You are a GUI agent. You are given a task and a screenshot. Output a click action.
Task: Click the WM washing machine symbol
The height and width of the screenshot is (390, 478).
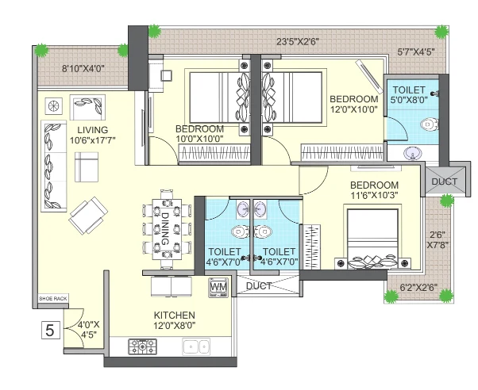(218, 288)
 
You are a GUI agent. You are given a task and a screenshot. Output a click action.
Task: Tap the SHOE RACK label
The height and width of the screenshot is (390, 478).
(53, 299)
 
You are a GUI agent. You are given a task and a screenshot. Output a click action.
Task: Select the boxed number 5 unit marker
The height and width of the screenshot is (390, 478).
(50, 330)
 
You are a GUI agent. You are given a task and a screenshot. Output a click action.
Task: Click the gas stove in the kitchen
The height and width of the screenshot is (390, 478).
(142, 346)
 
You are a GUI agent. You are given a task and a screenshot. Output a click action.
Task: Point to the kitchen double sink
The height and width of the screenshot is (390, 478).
(196, 346)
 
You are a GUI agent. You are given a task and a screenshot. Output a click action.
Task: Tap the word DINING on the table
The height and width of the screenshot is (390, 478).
(165, 228)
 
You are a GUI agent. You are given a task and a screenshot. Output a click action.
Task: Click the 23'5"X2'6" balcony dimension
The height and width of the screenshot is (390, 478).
(298, 41)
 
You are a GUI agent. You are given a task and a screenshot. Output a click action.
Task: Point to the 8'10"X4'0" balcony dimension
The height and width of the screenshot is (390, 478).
(83, 69)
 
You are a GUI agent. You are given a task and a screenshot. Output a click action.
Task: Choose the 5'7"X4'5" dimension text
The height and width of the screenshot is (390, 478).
(416, 52)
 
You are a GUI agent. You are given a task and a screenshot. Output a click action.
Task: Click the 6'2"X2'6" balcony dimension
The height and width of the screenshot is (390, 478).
(419, 287)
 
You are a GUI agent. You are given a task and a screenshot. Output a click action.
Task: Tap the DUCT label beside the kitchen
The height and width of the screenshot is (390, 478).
(259, 286)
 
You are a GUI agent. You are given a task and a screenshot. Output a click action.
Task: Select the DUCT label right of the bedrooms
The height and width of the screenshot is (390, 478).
(445, 182)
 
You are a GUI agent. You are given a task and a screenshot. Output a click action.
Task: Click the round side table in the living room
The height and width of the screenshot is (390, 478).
(54, 106)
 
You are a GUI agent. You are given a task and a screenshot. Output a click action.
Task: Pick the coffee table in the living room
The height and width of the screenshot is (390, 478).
(87, 167)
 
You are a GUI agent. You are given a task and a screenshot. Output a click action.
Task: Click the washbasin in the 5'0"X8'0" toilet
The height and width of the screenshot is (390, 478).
(412, 153)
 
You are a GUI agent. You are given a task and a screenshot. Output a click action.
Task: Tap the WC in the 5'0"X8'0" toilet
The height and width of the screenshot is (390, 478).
(430, 124)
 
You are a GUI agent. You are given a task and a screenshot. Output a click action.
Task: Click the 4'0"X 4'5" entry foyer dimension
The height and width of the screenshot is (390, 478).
(88, 330)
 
